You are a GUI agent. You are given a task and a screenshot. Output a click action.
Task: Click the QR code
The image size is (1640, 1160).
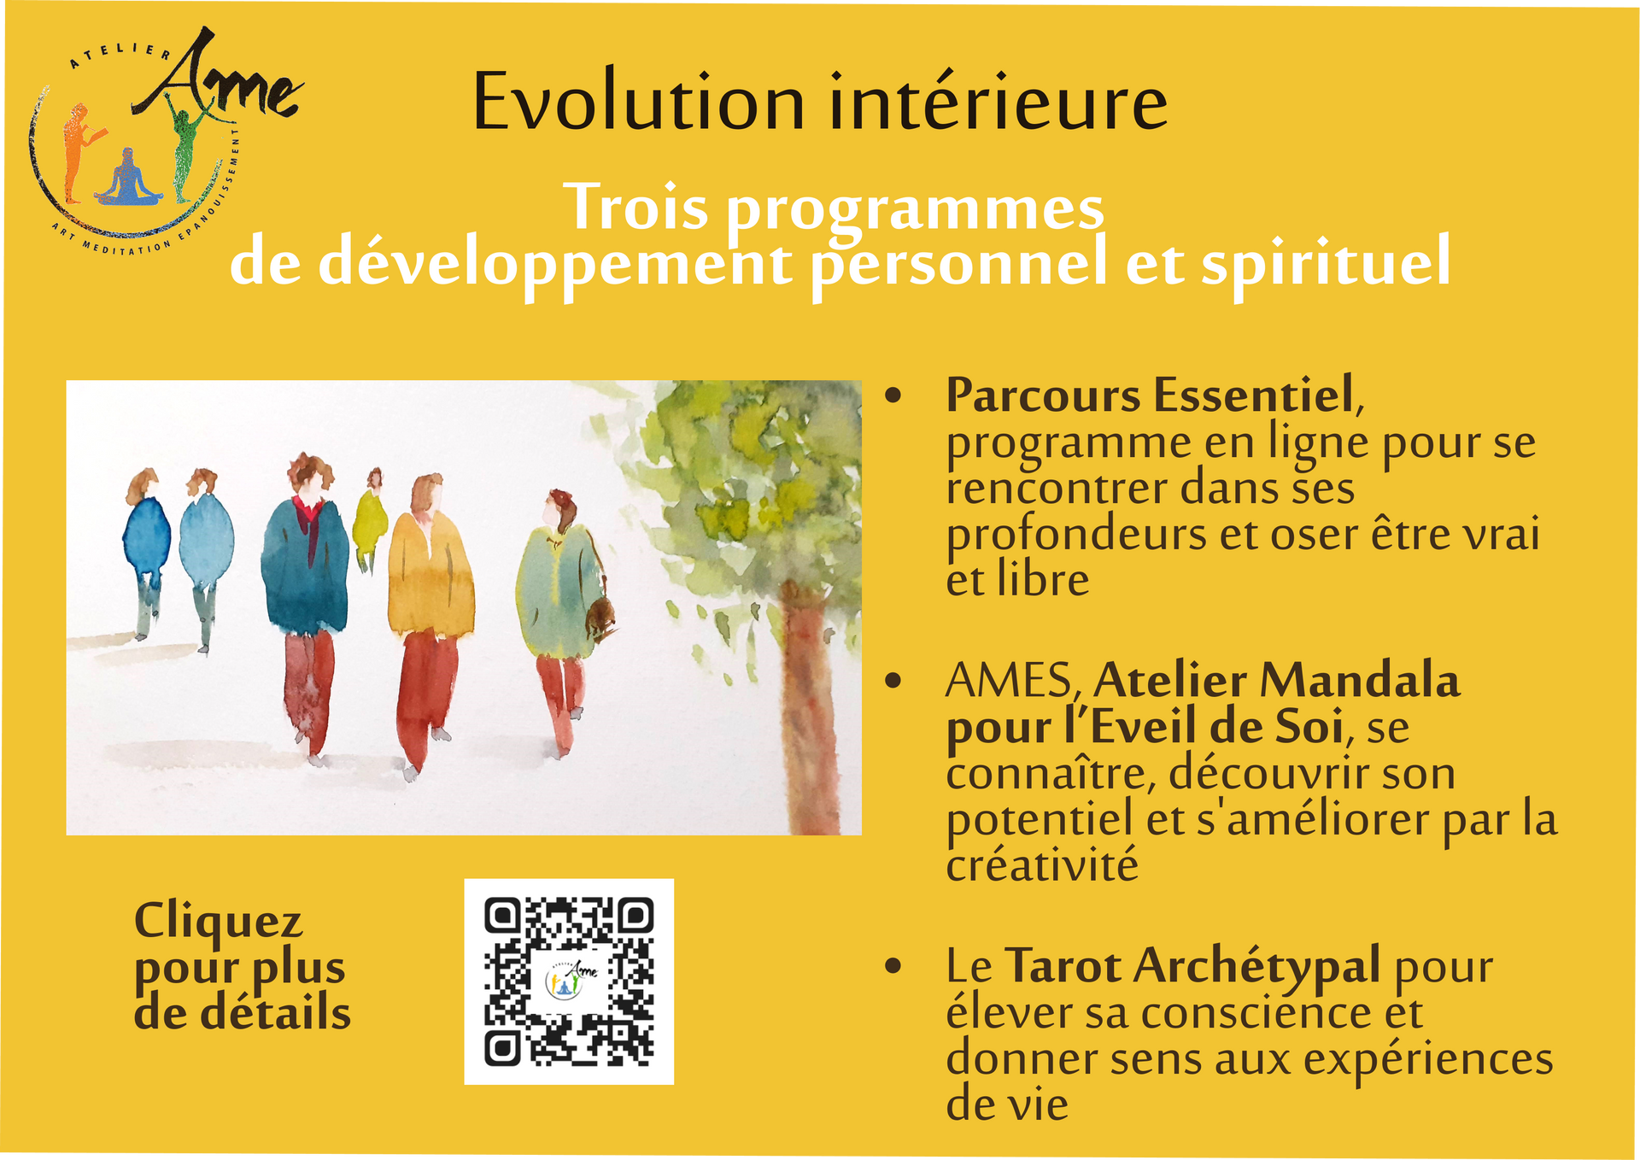[x=569, y=981]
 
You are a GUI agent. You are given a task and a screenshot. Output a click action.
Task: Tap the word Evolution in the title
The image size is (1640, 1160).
[x=639, y=103]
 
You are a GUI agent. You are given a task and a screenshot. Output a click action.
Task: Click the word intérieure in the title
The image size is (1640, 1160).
[x=998, y=103]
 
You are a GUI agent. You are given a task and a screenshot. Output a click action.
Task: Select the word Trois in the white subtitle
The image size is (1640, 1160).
[x=636, y=208]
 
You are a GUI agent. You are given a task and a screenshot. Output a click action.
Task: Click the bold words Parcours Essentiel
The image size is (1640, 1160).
[x=1150, y=395]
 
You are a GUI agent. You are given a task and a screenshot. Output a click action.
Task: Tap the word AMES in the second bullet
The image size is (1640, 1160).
[x=1009, y=682]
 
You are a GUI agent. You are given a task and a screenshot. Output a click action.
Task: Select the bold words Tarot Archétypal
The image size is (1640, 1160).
[x=1192, y=966]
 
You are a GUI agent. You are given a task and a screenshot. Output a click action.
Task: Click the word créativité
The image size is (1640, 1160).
[x=1042, y=864]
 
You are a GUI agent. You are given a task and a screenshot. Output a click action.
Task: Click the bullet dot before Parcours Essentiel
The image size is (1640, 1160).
[x=893, y=395]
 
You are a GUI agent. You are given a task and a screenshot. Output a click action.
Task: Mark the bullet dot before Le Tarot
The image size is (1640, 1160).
[x=893, y=966]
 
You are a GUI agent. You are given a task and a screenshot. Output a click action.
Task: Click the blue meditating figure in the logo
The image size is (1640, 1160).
[x=128, y=179]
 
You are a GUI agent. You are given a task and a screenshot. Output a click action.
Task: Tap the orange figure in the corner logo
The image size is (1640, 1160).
[x=79, y=152]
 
